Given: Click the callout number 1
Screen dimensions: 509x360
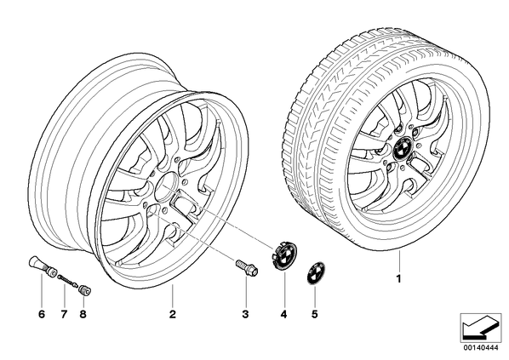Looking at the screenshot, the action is click(398, 278).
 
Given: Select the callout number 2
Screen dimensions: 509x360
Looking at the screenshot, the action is click(173, 314).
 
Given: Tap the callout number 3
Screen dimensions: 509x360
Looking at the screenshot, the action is click(245, 314).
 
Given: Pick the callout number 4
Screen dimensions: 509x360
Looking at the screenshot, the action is click(284, 314).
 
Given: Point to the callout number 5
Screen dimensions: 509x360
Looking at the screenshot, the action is click(314, 314).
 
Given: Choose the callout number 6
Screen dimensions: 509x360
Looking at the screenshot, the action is click(42, 314).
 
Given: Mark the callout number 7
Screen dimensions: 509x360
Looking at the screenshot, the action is click(64, 314).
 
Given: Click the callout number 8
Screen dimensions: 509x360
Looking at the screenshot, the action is click(83, 314).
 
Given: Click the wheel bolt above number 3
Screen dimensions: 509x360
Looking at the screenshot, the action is click(247, 266).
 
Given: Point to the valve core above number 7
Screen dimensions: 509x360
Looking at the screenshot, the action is click(68, 281).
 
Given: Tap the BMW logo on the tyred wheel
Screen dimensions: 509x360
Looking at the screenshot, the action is click(402, 148).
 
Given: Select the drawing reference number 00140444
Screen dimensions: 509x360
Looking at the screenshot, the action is click(481, 348).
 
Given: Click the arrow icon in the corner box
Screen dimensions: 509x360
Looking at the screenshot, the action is click(481, 328).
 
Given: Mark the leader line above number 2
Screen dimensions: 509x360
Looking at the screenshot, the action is click(173, 295).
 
